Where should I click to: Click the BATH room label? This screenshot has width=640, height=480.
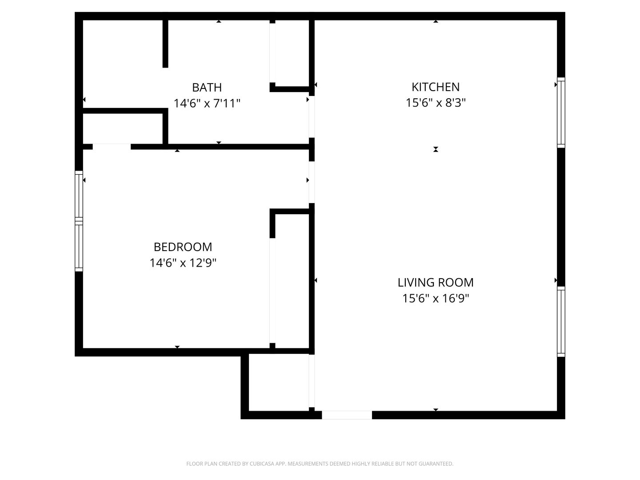click(x=207, y=88)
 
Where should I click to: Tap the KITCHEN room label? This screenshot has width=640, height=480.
click(x=435, y=87)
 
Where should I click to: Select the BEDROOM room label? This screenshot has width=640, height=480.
click(x=183, y=247)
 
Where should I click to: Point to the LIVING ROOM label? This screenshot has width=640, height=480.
click(x=435, y=282)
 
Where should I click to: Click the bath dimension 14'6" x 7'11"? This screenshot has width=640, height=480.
click(x=207, y=103)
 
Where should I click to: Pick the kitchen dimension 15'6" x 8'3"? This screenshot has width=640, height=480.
click(x=435, y=103)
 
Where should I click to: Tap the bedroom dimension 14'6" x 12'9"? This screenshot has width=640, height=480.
click(x=183, y=263)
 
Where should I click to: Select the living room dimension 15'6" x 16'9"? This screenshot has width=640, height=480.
click(x=435, y=298)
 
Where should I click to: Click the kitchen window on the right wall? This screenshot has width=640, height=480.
click(x=561, y=112)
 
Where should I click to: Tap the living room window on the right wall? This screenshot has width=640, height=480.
click(x=561, y=321)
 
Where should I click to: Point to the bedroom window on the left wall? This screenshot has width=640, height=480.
click(x=79, y=221)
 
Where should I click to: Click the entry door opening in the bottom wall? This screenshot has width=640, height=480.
click(x=347, y=415)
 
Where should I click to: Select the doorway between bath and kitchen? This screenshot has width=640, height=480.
click(x=312, y=116)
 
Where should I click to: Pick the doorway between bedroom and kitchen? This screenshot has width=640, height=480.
click(x=312, y=182)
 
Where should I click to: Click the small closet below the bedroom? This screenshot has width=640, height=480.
click(x=279, y=382)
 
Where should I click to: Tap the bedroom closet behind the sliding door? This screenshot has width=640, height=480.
click(x=292, y=281)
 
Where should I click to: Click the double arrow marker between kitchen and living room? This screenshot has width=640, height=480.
click(x=435, y=149)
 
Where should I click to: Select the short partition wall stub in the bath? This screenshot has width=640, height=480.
click(x=165, y=44)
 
